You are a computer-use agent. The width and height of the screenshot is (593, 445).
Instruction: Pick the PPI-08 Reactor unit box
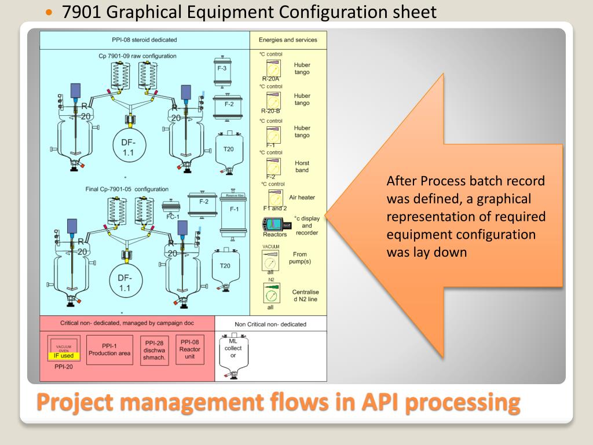(x=189, y=349)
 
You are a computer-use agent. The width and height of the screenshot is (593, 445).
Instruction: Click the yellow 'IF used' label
(x=64, y=356)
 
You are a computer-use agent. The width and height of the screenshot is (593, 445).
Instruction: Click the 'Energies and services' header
(x=288, y=40)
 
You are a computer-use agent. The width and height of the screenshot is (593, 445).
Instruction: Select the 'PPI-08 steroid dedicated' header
(x=144, y=40)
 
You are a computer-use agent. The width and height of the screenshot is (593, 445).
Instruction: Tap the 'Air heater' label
(x=302, y=198)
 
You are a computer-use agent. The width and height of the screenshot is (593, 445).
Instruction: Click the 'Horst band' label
(x=302, y=166)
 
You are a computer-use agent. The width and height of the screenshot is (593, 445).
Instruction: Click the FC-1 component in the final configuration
(x=171, y=209)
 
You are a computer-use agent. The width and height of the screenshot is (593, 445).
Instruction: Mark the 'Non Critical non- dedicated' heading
(x=270, y=324)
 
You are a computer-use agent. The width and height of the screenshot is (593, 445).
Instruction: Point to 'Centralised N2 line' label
(x=306, y=296)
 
